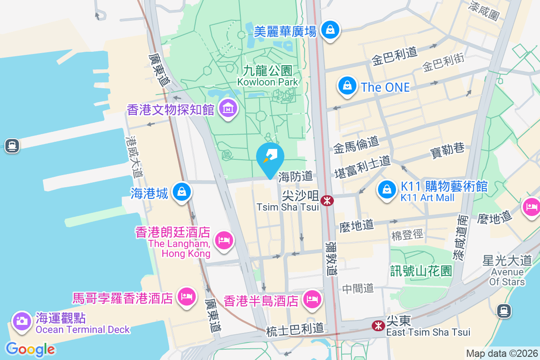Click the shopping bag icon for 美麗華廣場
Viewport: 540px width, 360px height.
331,30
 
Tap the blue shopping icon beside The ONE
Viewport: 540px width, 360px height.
347,86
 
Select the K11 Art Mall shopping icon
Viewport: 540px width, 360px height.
387,189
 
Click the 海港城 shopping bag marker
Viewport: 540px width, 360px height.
181,192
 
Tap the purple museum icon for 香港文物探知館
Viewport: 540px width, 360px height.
229,108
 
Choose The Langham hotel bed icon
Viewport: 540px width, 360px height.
224,239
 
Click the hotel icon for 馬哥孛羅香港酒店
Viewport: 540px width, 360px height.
186,297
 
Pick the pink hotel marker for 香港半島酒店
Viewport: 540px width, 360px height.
311,299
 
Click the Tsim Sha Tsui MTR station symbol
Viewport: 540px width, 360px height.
327,200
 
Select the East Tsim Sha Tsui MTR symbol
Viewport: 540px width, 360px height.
378,325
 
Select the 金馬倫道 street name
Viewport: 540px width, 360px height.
355,144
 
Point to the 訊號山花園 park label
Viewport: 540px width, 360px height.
421,270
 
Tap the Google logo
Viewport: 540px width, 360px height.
30,349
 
